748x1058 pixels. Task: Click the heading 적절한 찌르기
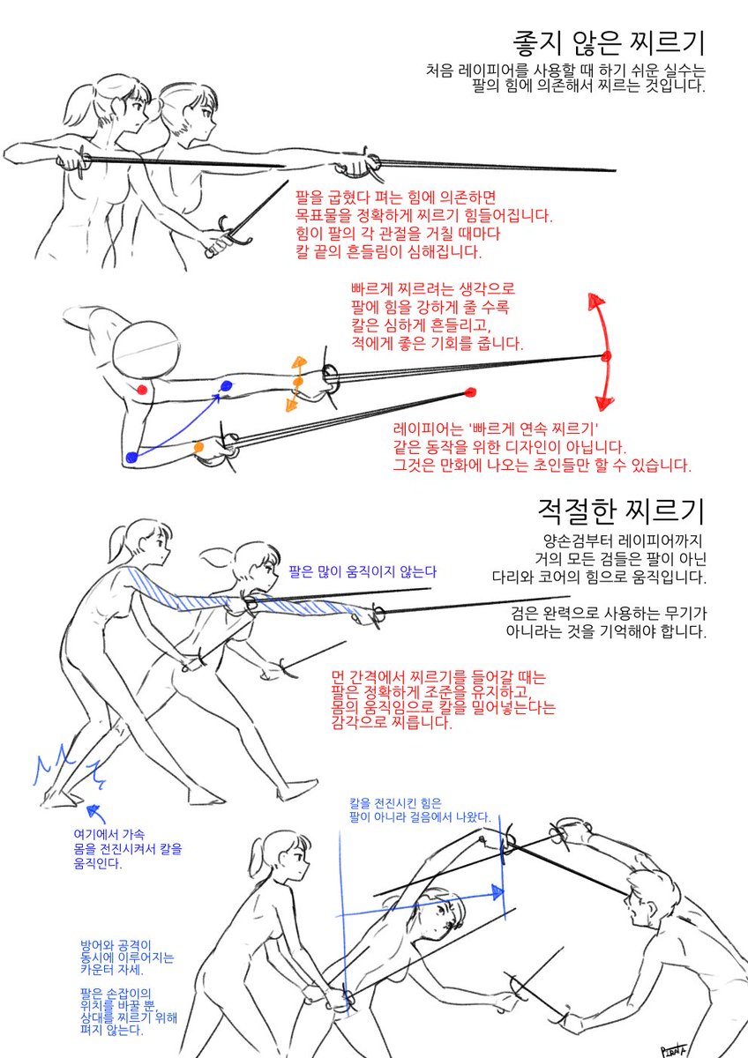click(x=621, y=510)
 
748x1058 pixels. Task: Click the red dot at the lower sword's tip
click(x=469, y=392)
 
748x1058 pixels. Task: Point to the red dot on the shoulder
click(x=142, y=389)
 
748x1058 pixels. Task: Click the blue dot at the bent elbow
click(x=131, y=457)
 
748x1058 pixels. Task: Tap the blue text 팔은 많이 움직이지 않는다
click(x=362, y=572)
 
